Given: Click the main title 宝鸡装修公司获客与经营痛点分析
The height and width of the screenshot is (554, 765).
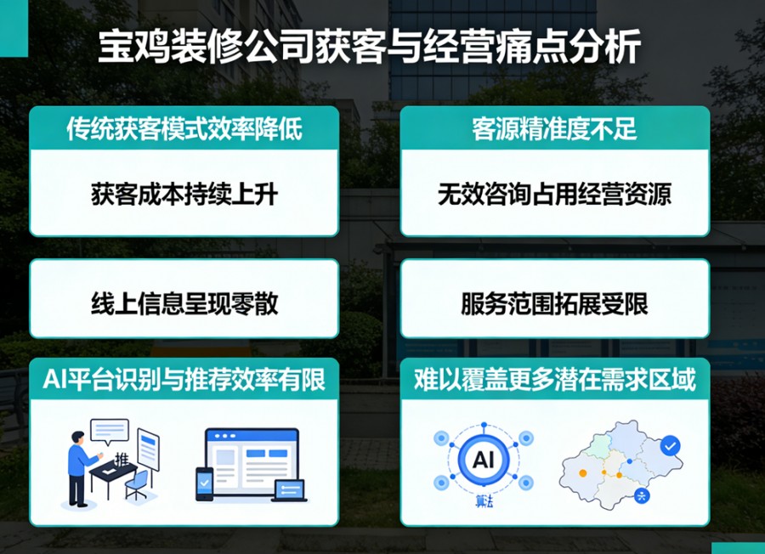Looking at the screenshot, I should [x=368, y=48].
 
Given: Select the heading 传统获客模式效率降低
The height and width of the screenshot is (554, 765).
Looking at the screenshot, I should [x=184, y=128].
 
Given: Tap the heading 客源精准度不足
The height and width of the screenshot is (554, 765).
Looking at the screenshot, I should [x=554, y=128].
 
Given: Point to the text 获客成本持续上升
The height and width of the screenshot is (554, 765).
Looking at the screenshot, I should [x=184, y=195].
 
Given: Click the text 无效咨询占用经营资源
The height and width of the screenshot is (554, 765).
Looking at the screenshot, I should [x=554, y=195].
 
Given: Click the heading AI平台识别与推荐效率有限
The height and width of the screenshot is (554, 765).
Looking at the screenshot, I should [x=184, y=379].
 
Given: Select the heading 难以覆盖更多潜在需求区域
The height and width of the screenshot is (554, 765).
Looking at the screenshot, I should [x=554, y=379].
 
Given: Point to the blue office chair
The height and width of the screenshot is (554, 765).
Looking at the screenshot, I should [x=137, y=483].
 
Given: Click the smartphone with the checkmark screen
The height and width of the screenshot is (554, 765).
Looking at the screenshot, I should [x=204, y=483].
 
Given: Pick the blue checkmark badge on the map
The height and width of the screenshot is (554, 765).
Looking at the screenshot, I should [x=670, y=444].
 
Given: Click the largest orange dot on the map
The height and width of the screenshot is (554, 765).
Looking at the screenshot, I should [x=583, y=472].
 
